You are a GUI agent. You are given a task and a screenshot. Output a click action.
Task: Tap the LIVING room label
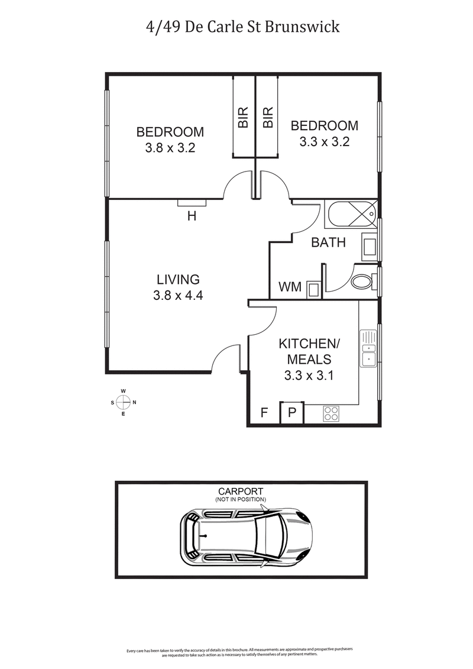(x=178, y=279)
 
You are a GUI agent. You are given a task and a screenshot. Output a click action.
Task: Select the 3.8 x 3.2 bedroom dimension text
(x=170, y=148)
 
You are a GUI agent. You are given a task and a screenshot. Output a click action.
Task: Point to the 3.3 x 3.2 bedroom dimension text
(x=324, y=142)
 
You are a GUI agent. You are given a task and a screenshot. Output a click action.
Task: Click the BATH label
(x=328, y=243)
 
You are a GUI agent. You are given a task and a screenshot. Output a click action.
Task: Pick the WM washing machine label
(x=290, y=287)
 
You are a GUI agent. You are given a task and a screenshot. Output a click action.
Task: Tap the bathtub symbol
(x=351, y=214)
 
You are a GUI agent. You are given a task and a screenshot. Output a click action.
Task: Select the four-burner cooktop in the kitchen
(x=332, y=413)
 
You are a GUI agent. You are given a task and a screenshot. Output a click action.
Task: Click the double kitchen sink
(x=368, y=353)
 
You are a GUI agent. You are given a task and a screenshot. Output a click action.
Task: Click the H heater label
(x=192, y=216)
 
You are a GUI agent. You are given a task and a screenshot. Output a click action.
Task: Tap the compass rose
(x=123, y=402)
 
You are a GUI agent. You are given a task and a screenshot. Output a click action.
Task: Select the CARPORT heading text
(x=241, y=491)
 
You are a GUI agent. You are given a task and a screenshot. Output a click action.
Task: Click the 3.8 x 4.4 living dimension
(x=178, y=296)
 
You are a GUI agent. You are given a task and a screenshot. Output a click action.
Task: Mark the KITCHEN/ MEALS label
(x=309, y=351)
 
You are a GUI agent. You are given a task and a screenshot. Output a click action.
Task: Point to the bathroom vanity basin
(x=369, y=246)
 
